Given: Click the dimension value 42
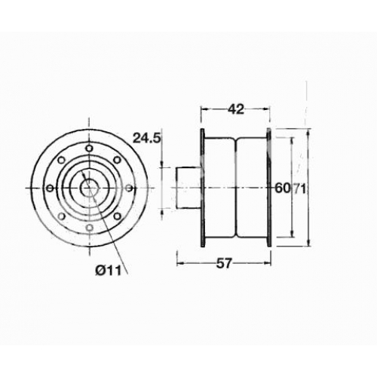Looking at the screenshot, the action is pyautogui.click(x=235, y=109).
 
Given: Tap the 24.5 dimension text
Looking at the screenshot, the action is pyautogui.click(x=146, y=138).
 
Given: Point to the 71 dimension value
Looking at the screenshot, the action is pyautogui.click(x=299, y=188).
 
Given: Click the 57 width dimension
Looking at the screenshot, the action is pyautogui.click(x=223, y=263).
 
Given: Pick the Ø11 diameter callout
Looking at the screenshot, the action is pyautogui.click(x=109, y=271).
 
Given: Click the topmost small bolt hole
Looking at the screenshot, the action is pyautogui.click(x=89, y=149).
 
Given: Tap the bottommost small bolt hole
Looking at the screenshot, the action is pyautogui.click(x=90, y=228).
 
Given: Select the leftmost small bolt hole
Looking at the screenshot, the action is pyautogui.click(x=51, y=188).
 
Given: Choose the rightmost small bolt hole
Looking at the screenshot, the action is pyautogui.click(x=129, y=188).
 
